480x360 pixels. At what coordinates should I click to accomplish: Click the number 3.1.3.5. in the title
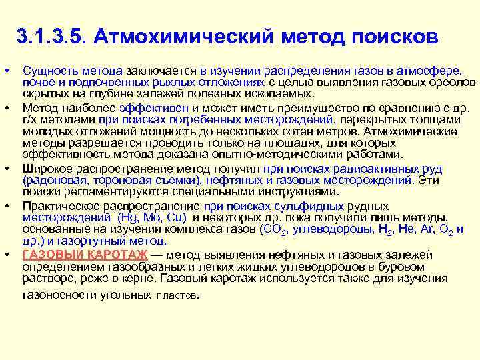(53, 35)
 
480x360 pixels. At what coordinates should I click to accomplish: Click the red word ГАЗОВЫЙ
(51, 255)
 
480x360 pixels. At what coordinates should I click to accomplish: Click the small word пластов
(177, 295)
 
